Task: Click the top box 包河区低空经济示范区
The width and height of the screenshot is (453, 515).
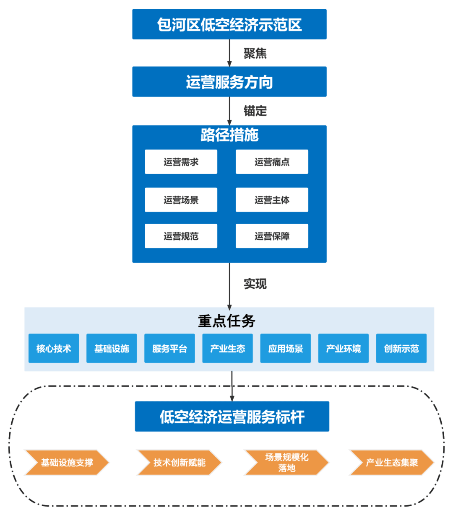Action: (x=229, y=25)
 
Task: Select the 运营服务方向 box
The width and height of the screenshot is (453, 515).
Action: (x=229, y=82)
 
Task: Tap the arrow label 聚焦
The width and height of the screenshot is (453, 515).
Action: (x=255, y=53)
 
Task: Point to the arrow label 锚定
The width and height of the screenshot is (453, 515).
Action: (x=255, y=111)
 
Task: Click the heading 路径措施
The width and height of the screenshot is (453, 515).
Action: (x=229, y=135)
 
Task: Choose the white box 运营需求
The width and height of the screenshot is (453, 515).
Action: (x=181, y=162)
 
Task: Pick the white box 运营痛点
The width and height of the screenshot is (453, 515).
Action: (x=272, y=162)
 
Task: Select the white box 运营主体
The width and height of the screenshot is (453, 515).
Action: (x=272, y=200)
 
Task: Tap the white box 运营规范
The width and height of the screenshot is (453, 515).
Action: (x=181, y=236)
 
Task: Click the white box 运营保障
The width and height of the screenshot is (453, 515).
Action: (x=272, y=236)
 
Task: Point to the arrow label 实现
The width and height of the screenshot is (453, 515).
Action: (x=255, y=284)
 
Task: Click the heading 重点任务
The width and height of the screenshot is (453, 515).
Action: (x=226, y=321)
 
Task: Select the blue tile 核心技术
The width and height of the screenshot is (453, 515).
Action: (x=54, y=348)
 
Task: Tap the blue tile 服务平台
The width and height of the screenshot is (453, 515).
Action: (x=169, y=348)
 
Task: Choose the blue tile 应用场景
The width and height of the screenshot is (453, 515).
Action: (x=285, y=348)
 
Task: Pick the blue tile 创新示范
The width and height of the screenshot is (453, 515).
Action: (x=401, y=348)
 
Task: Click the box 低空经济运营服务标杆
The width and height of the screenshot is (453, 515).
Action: (x=232, y=417)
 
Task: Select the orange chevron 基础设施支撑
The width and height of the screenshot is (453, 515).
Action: (x=67, y=463)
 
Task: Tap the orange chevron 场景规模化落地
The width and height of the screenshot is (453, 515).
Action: (x=286, y=463)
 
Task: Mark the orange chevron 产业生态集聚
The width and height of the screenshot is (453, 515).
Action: (x=391, y=463)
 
